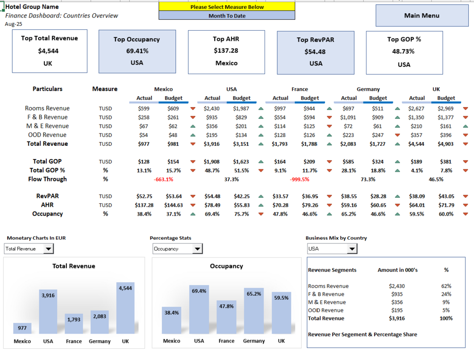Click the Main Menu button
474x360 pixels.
coord(422,16)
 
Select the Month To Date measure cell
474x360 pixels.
coord(227,16)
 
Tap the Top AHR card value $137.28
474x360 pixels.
coord(226,50)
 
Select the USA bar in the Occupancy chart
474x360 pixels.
coord(199,310)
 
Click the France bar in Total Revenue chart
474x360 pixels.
coord(74,324)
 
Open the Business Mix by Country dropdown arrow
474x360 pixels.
coord(352,249)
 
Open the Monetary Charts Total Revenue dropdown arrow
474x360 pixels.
coord(49,249)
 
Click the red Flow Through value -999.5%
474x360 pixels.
coord(299,179)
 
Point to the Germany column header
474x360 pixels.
coord(368,89)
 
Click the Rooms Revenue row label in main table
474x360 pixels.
coord(47,109)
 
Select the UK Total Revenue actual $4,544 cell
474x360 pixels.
coord(417,144)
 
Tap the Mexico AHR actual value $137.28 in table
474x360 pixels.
coord(144,205)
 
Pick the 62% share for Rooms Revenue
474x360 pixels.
coord(446,286)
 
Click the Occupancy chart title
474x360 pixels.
coord(226,266)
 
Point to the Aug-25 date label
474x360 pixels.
coord(14,24)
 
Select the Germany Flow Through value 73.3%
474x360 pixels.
coord(368,179)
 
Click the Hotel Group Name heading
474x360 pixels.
coord(32,7)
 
